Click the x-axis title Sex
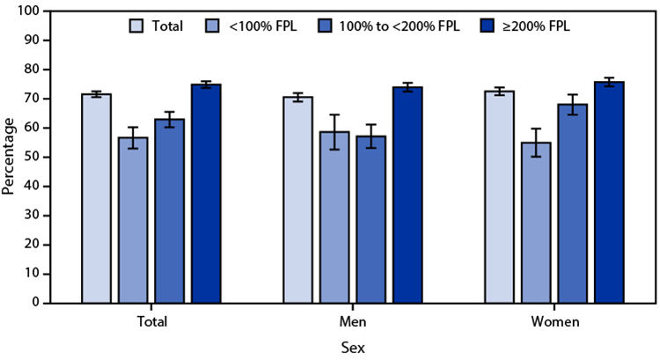[x=352, y=348]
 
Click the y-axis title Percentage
[x=9, y=157]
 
